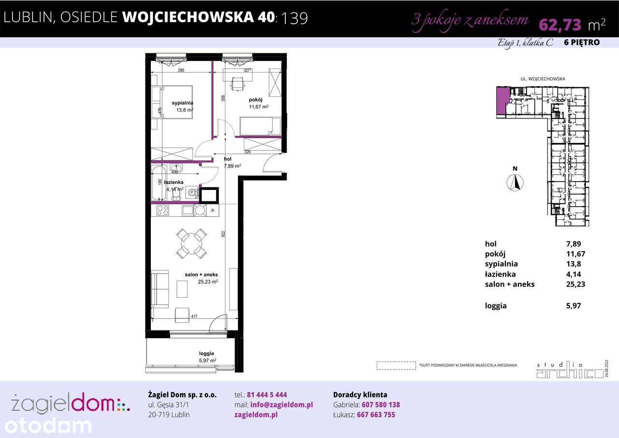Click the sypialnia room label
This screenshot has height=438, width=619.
[183, 103]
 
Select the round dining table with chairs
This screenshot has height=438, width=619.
[192, 243]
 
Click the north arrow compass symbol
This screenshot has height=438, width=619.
[516, 182]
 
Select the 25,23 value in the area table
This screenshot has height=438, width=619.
[575, 285]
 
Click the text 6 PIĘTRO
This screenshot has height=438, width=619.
[582, 43]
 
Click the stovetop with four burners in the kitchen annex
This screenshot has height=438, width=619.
[162, 211]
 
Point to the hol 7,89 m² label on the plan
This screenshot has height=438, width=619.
[232, 162]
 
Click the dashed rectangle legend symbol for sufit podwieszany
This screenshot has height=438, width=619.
[396, 365]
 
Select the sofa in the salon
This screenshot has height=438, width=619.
[160, 289]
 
